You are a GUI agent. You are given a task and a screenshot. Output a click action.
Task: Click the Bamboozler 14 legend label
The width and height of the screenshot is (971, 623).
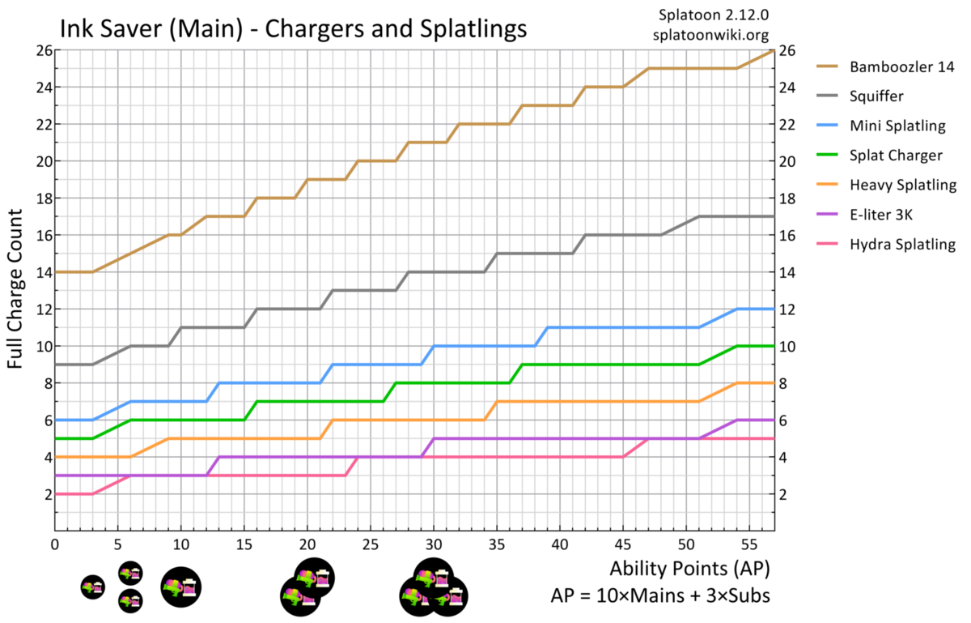(x=897, y=66)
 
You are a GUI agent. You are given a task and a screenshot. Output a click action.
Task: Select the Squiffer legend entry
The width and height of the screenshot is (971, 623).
(x=876, y=96)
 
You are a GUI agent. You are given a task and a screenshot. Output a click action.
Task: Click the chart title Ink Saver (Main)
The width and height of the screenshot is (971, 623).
(x=293, y=29)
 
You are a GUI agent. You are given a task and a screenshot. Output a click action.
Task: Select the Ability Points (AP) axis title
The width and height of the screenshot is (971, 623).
(x=690, y=565)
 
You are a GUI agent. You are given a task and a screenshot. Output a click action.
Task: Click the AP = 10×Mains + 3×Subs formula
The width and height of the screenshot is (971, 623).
(x=659, y=595)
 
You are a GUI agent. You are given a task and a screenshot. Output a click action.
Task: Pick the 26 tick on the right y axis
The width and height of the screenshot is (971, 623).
(x=787, y=50)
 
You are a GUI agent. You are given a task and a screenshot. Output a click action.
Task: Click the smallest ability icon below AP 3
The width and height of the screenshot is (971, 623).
(x=93, y=587)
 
